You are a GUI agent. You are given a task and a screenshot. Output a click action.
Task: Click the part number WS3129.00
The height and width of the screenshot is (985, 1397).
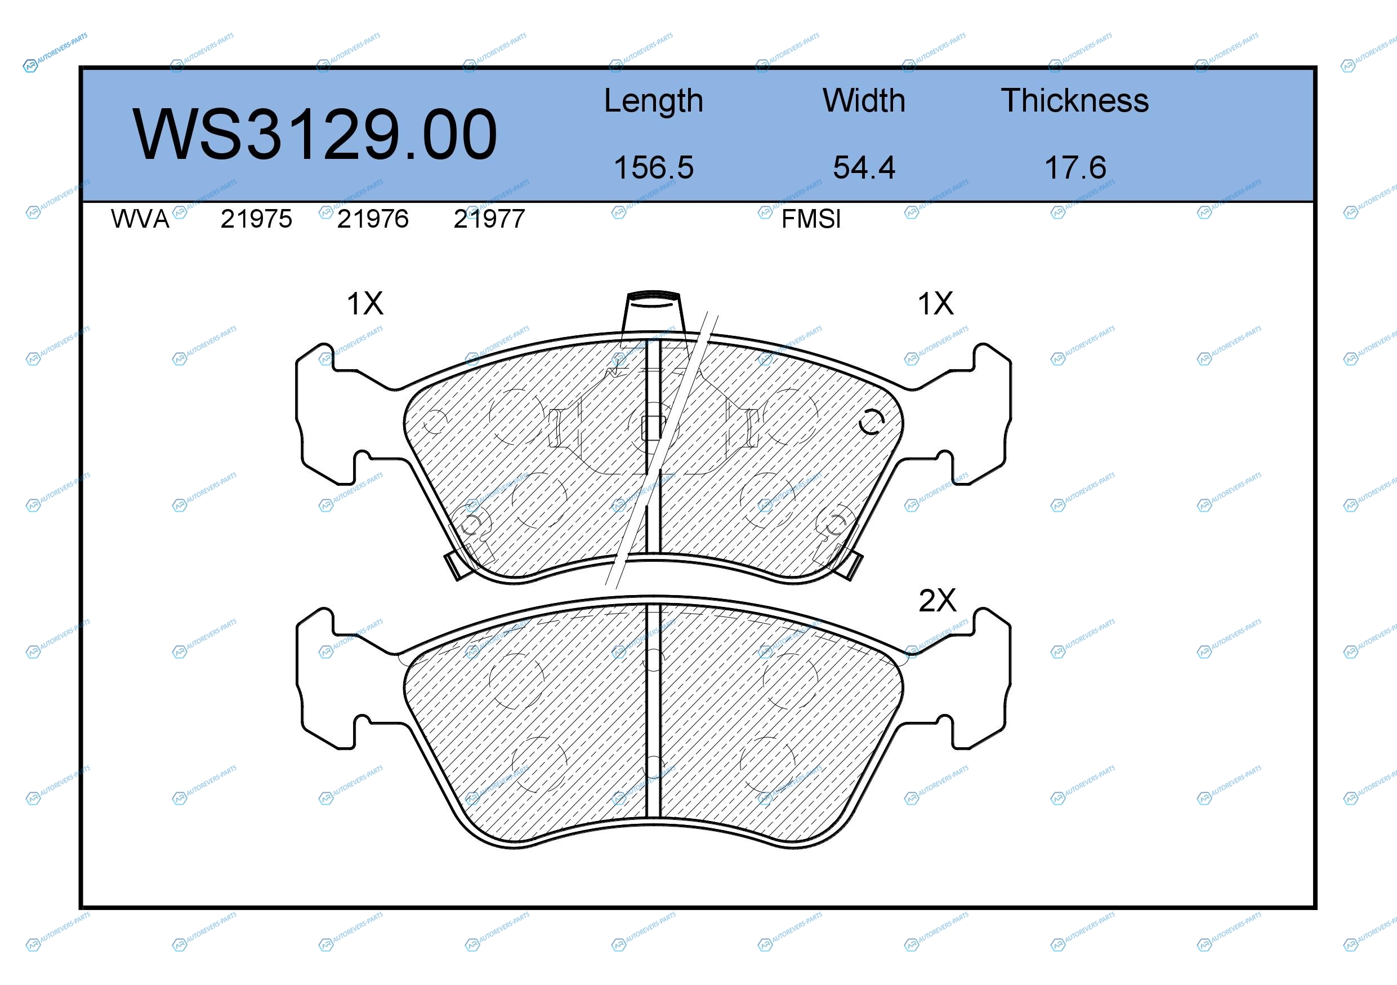coord(315,135)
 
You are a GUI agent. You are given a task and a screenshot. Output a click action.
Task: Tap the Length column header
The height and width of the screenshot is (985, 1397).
coord(654,101)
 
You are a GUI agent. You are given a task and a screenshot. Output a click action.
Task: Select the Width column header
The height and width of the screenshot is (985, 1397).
coord(864,100)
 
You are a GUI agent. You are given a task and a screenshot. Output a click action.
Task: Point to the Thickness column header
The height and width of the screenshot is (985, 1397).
coord(1075,100)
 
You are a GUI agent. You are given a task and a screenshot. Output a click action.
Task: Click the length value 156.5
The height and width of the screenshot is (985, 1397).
coord(654,167)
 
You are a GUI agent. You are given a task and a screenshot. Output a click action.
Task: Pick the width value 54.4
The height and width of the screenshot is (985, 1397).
coord(864,167)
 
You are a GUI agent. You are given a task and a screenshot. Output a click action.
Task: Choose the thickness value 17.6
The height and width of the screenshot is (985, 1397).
coord(1075,167)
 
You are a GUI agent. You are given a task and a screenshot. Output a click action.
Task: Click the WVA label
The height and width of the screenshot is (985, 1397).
coord(140,219)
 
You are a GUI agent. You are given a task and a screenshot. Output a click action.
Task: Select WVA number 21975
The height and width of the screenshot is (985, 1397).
coord(256,219)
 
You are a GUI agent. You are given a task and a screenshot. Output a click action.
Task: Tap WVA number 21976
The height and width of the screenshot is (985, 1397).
coord(373,219)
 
